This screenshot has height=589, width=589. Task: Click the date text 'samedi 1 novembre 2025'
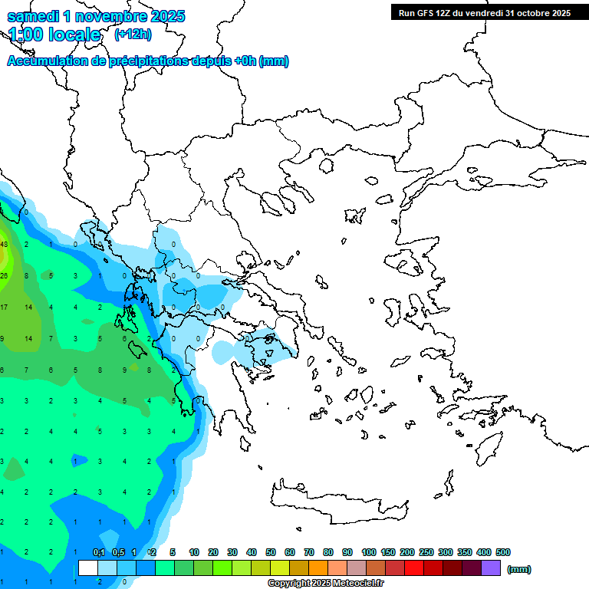pos(95,16)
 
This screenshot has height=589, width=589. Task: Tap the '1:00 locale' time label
pos(54,35)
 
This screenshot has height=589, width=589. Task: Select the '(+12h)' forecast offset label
pos(133,35)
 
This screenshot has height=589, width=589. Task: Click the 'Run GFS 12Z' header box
pos(484,12)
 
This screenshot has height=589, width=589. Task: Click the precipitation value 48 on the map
pos(4,245)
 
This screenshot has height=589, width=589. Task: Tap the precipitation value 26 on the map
pos(4,275)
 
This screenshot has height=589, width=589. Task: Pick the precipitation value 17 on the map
pos(4,308)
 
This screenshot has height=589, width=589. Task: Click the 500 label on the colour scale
pos(502,552)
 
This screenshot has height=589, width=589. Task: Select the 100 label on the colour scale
pos(368,552)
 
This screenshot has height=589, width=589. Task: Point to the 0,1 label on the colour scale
pos(99,552)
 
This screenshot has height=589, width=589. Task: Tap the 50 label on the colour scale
pos(271,552)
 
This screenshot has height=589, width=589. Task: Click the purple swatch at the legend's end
pos(491,568)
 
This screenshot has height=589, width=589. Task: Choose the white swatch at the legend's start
pos(88,568)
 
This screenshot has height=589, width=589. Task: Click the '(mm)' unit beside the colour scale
pos(519,569)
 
